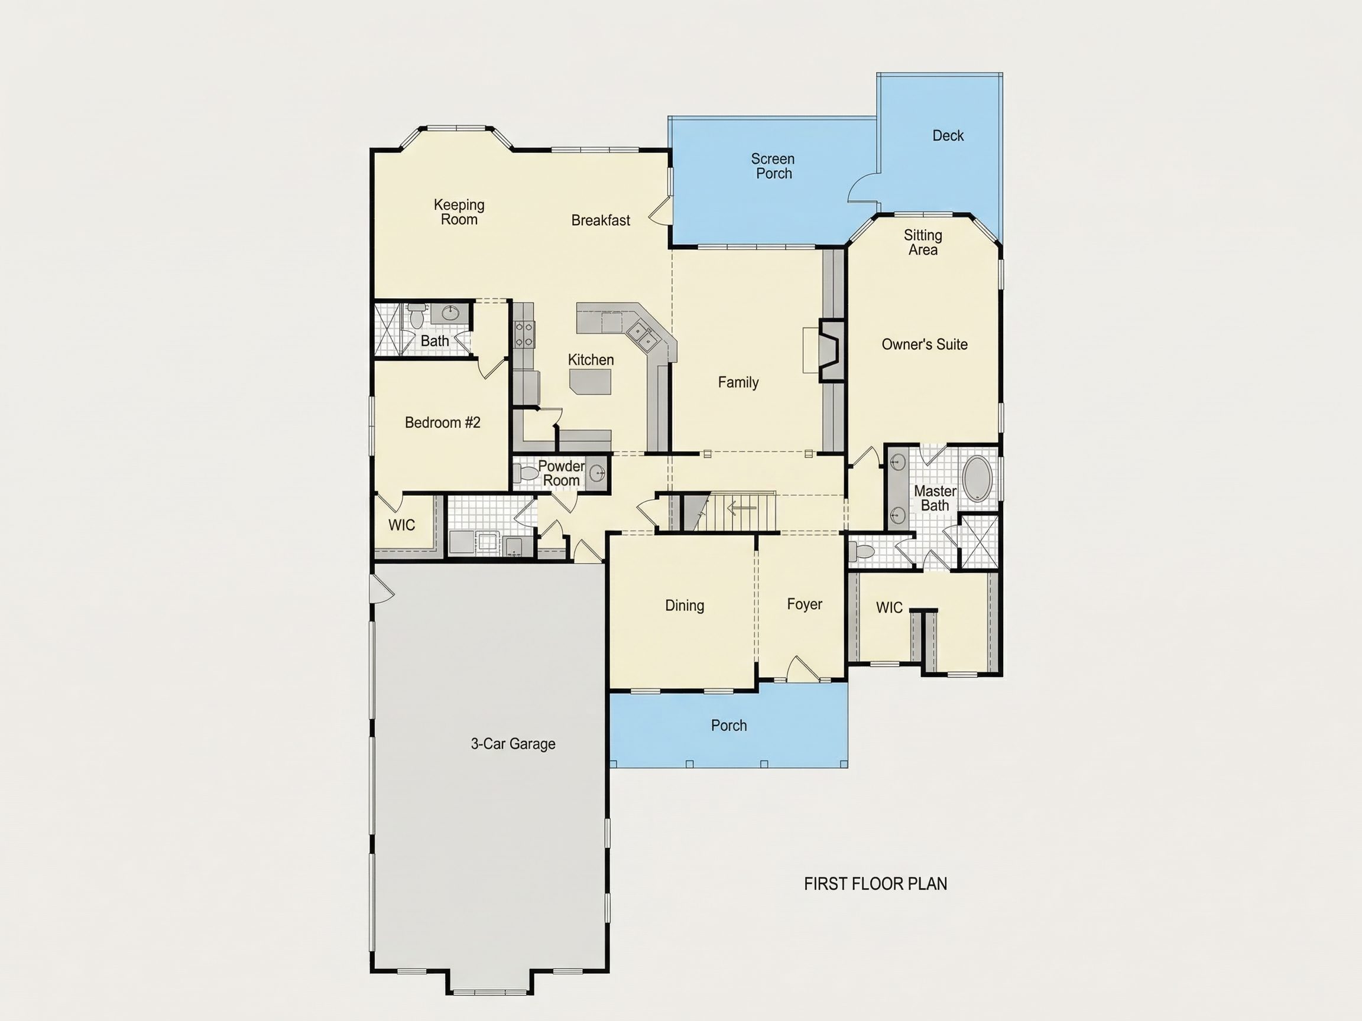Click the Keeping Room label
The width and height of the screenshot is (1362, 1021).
click(459, 212)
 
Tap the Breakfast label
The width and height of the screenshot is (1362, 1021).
click(601, 220)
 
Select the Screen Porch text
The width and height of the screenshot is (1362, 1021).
click(773, 166)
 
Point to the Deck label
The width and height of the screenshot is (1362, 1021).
click(948, 135)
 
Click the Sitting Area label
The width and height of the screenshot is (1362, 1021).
click(923, 242)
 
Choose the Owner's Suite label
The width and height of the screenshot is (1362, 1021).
click(924, 344)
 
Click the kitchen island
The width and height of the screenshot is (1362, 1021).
click(591, 382)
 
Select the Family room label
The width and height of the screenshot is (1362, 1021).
click(738, 382)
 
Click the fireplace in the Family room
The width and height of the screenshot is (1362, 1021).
click(831, 351)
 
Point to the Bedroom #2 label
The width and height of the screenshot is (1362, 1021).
click(442, 423)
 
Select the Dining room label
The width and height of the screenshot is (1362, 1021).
click(685, 606)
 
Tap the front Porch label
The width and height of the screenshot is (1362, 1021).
click(729, 726)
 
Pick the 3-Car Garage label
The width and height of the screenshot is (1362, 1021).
click(513, 744)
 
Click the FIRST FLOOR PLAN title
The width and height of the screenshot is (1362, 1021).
click(875, 884)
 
